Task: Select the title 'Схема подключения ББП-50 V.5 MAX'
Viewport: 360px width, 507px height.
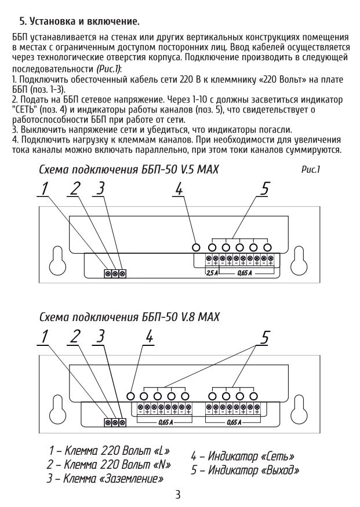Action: tap(129, 171)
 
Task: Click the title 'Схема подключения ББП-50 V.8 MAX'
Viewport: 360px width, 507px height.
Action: tap(129, 318)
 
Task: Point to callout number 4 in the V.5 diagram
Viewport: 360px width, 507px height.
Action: tap(179, 189)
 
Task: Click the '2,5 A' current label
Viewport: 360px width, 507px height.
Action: tap(213, 272)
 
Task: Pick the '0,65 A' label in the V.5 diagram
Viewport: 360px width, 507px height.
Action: tap(245, 272)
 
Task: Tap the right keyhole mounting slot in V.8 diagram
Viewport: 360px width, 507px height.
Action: tap(300, 406)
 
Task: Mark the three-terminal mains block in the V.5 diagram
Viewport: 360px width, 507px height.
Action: tap(115, 273)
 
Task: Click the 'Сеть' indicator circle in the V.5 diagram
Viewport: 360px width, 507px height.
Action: tap(197, 247)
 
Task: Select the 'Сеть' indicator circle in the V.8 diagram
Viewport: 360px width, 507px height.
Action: tap(131, 396)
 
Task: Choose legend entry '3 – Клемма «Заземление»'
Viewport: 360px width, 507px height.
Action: tap(105, 479)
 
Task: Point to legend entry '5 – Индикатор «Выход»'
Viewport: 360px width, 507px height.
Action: tap(245, 470)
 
